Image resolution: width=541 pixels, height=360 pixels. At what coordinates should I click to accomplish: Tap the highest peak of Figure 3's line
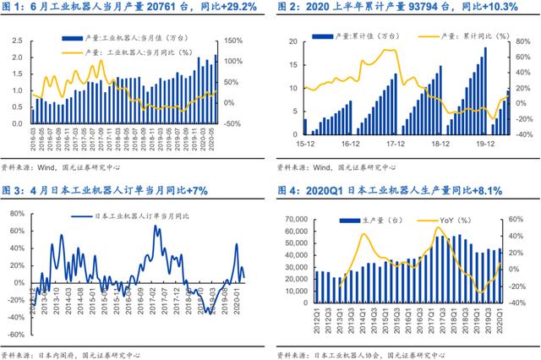click(x=156, y=226)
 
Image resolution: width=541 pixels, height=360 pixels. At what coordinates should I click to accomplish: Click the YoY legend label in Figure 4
click(x=456, y=221)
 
